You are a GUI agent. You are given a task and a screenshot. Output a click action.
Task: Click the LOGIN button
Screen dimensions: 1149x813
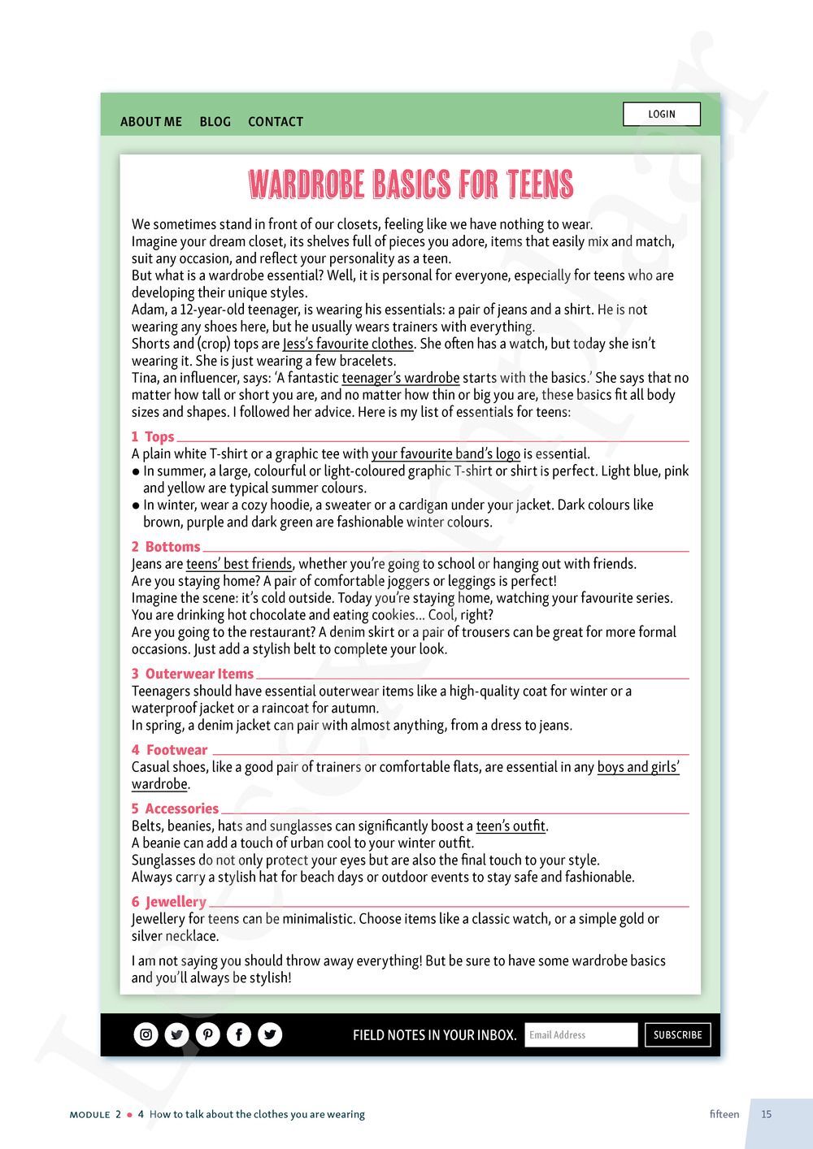pos(661,115)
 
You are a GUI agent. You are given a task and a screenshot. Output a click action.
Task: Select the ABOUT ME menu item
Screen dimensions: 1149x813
pos(151,122)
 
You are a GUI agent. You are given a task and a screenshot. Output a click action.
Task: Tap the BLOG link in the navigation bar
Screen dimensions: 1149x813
pos(215,122)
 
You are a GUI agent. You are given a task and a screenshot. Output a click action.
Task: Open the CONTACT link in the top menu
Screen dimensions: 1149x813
pos(276,122)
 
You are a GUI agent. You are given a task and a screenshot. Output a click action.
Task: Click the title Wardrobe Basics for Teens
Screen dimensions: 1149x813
pos(411,184)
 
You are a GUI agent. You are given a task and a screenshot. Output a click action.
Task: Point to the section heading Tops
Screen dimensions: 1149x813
pos(159,436)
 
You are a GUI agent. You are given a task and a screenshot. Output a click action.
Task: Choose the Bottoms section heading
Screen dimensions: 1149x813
pos(172,547)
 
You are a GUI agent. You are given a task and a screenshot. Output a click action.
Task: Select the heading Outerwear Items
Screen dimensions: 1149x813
pos(199,674)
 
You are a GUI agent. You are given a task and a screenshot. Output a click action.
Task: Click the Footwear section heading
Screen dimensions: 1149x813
pos(176,750)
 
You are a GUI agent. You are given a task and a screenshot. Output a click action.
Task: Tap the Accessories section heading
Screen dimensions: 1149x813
pos(181,809)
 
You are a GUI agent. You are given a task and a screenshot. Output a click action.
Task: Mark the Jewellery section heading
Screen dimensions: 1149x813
pos(176,902)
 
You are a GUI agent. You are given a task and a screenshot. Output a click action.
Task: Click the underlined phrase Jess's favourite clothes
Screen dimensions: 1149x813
pos(348,344)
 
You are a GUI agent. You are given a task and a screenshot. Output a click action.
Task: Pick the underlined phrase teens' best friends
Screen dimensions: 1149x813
pos(239,564)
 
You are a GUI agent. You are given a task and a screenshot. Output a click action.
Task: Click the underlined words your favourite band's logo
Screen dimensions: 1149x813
pos(446,453)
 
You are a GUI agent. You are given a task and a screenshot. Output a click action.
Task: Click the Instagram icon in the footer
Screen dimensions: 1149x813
pos(146,1034)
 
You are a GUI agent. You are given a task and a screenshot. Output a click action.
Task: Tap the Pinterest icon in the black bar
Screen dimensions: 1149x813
pos(208,1034)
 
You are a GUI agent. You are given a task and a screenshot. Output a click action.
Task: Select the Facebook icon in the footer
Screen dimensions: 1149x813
pos(239,1034)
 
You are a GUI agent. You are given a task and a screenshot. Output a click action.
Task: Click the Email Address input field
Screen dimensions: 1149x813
pos(580,1034)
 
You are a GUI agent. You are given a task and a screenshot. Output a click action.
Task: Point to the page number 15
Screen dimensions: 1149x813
pos(767,1114)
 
